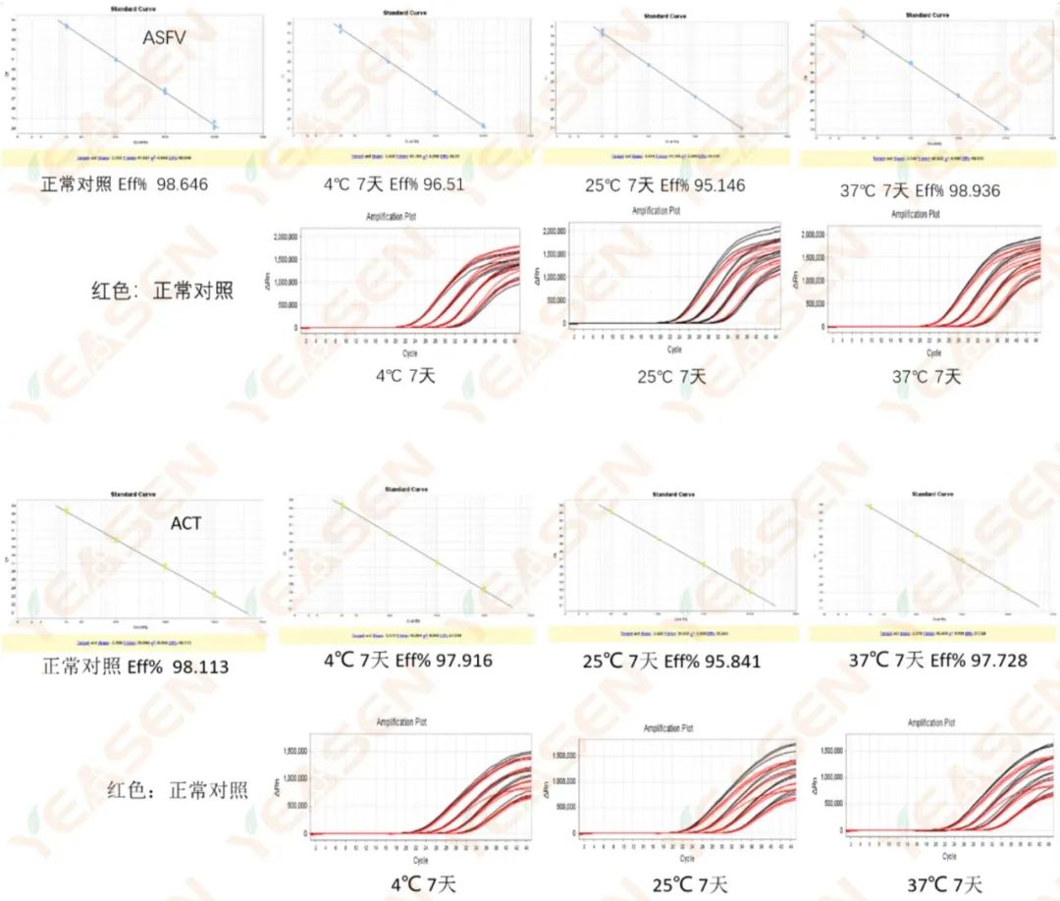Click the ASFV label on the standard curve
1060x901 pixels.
[x=164, y=39]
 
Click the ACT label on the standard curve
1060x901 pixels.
[x=185, y=523]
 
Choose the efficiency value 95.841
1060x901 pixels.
[x=724, y=661]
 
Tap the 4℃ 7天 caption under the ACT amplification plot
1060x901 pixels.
[x=408, y=883]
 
